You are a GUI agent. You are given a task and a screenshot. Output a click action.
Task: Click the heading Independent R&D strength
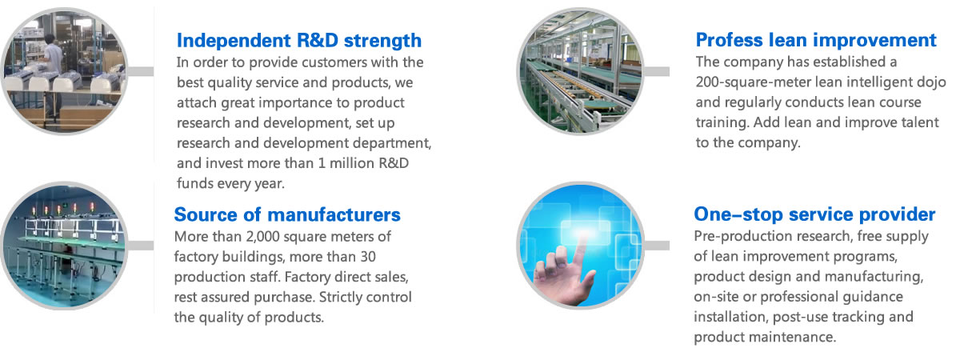pyautogui.click(x=299, y=41)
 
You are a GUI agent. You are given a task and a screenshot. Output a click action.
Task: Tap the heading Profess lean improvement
pyautogui.click(x=816, y=40)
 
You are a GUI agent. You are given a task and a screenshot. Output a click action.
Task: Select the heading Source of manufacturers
pyautogui.click(x=287, y=214)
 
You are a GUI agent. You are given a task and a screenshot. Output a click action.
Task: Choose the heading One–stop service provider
pyautogui.click(x=814, y=214)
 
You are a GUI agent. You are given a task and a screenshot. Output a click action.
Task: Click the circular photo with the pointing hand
pyautogui.click(x=581, y=245)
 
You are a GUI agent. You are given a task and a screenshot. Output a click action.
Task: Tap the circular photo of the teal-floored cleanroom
pyautogui.click(x=64, y=246)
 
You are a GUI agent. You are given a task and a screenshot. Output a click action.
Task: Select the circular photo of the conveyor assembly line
pyautogui.click(x=581, y=71)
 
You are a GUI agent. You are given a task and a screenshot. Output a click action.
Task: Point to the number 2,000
pyautogui.click(x=262, y=237)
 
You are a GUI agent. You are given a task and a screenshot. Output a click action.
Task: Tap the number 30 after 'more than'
pyautogui.click(x=368, y=257)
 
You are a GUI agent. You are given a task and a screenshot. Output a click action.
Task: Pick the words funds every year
pyautogui.click(x=230, y=183)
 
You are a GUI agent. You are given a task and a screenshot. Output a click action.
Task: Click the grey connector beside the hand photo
pyautogui.click(x=657, y=246)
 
